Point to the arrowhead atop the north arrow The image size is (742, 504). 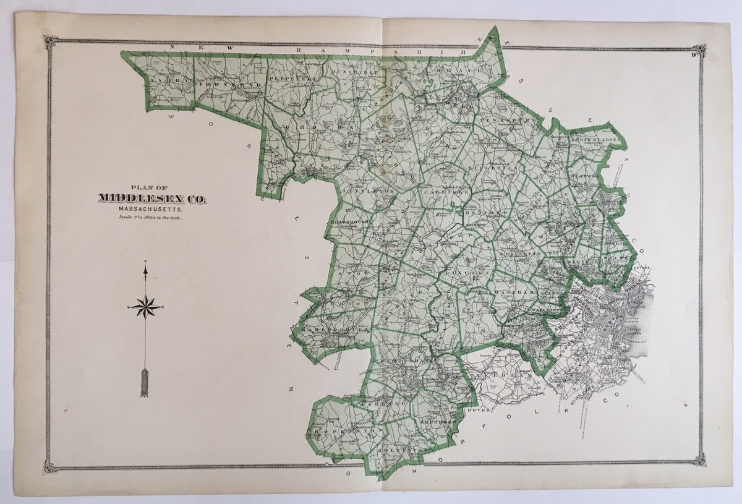tap(145, 270)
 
